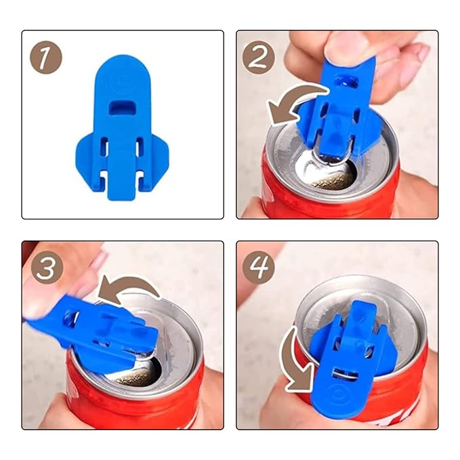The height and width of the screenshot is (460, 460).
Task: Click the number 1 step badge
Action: pos(46,58)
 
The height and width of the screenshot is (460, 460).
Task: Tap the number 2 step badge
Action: pos(259,58)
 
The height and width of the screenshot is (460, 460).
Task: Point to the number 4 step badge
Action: pos(259,267)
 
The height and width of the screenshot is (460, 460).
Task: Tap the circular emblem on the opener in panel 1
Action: pos(122,81)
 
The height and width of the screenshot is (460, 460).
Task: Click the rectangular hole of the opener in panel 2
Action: pos(346,82)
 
